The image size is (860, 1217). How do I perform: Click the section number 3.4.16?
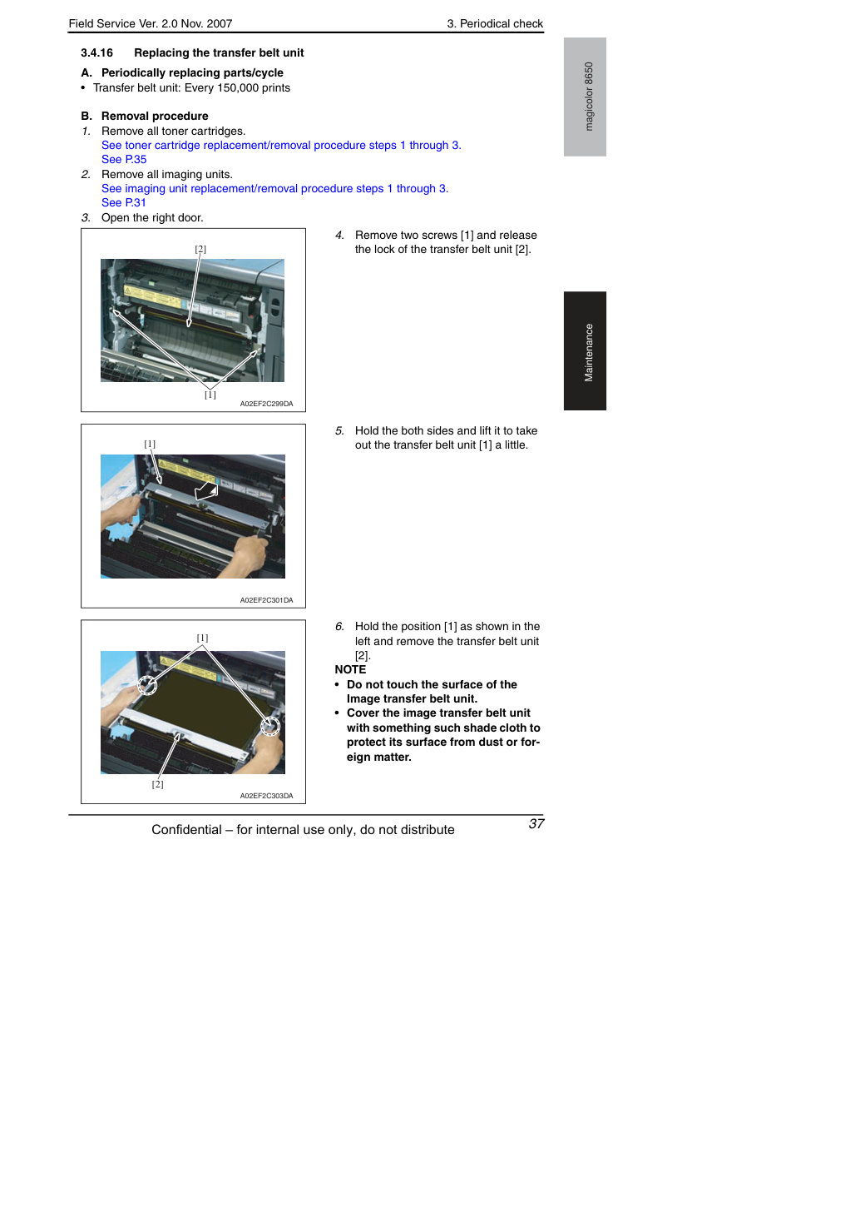point(96,52)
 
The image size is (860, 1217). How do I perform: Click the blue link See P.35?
point(124,159)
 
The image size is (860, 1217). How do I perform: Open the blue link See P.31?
point(124,202)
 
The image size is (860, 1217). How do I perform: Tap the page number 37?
point(536,823)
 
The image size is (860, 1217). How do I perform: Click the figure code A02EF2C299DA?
point(267,404)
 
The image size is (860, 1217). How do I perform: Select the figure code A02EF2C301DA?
point(267,600)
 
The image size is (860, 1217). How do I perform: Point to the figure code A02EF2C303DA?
point(267,796)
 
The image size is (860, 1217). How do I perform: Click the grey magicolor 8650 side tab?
point(585,97)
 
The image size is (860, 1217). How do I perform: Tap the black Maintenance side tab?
point(585,351)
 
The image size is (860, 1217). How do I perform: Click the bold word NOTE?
point(350,669)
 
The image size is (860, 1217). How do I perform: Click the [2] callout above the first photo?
point(200,249)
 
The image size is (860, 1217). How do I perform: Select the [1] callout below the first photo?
point(210,395)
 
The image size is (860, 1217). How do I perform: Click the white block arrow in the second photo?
point(207,491)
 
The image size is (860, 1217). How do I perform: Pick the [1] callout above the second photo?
point(150,444)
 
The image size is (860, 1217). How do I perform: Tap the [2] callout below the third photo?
point(157,784)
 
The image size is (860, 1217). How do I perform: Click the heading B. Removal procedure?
point(145,116)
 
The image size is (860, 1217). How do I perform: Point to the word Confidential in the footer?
point(186,830)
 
